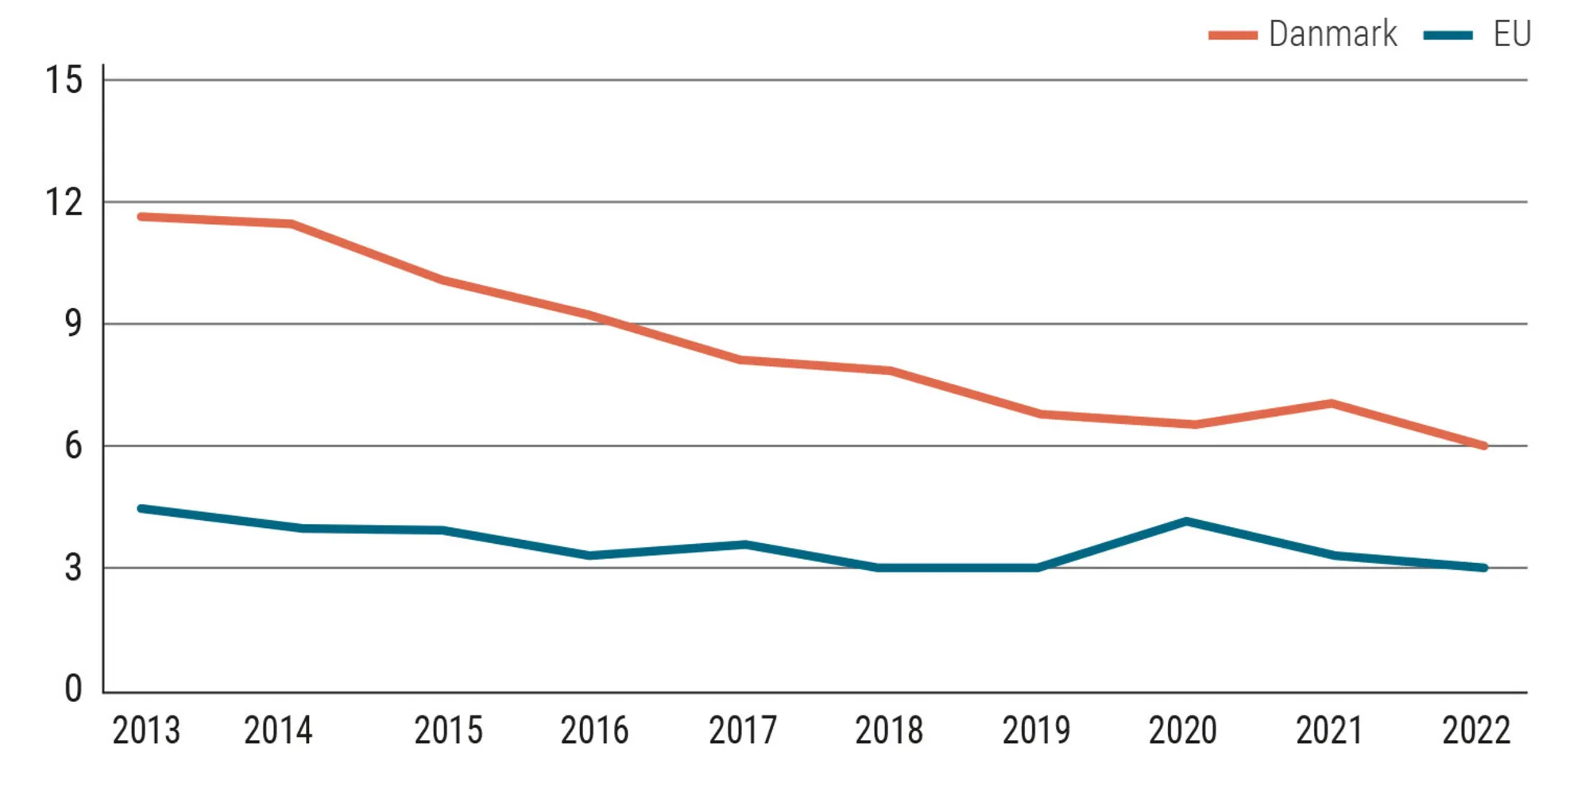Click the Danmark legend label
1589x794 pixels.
(1332, 34)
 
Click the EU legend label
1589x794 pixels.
(1512, 34)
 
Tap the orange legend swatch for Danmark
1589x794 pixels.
(1232, 35)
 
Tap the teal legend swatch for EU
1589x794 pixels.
(1448, 35)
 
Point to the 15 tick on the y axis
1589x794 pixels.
(64, 80)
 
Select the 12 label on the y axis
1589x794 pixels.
(64, 202)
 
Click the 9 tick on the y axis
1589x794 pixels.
(73, 324)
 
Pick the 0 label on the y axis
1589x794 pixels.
(73, 688)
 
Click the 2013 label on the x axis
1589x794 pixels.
(146, 730)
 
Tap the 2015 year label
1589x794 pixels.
(448, 730)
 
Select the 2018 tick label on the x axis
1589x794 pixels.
(889, 730)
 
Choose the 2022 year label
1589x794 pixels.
(1476, 730)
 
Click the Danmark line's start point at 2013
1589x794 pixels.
(141, 216)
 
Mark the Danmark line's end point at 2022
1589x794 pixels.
(1483, 446)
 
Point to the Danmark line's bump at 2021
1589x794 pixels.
(1332, 403)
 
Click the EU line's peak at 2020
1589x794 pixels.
(1186, 522)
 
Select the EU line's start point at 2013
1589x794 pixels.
(141, 508)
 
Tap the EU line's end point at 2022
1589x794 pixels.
(1483, 568)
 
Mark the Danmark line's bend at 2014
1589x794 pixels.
(292, 224)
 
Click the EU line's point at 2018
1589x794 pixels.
(878, 568)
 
